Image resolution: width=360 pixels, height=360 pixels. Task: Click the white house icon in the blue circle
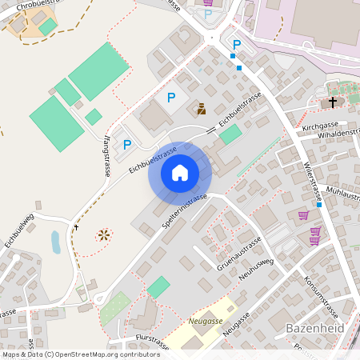click(180, 172)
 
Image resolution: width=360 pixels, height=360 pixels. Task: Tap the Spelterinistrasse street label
click(184, 210)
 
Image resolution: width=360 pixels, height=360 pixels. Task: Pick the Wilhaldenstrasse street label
click(329, 134)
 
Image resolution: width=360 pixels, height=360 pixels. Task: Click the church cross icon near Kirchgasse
click(332, 102)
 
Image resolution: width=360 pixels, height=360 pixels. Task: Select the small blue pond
click(54, 241)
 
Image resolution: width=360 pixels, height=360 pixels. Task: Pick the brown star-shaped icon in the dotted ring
click(103, 235)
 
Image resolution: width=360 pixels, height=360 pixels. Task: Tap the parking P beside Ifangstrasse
click(126, 145)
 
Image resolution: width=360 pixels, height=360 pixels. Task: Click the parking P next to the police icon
click(170, 97)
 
